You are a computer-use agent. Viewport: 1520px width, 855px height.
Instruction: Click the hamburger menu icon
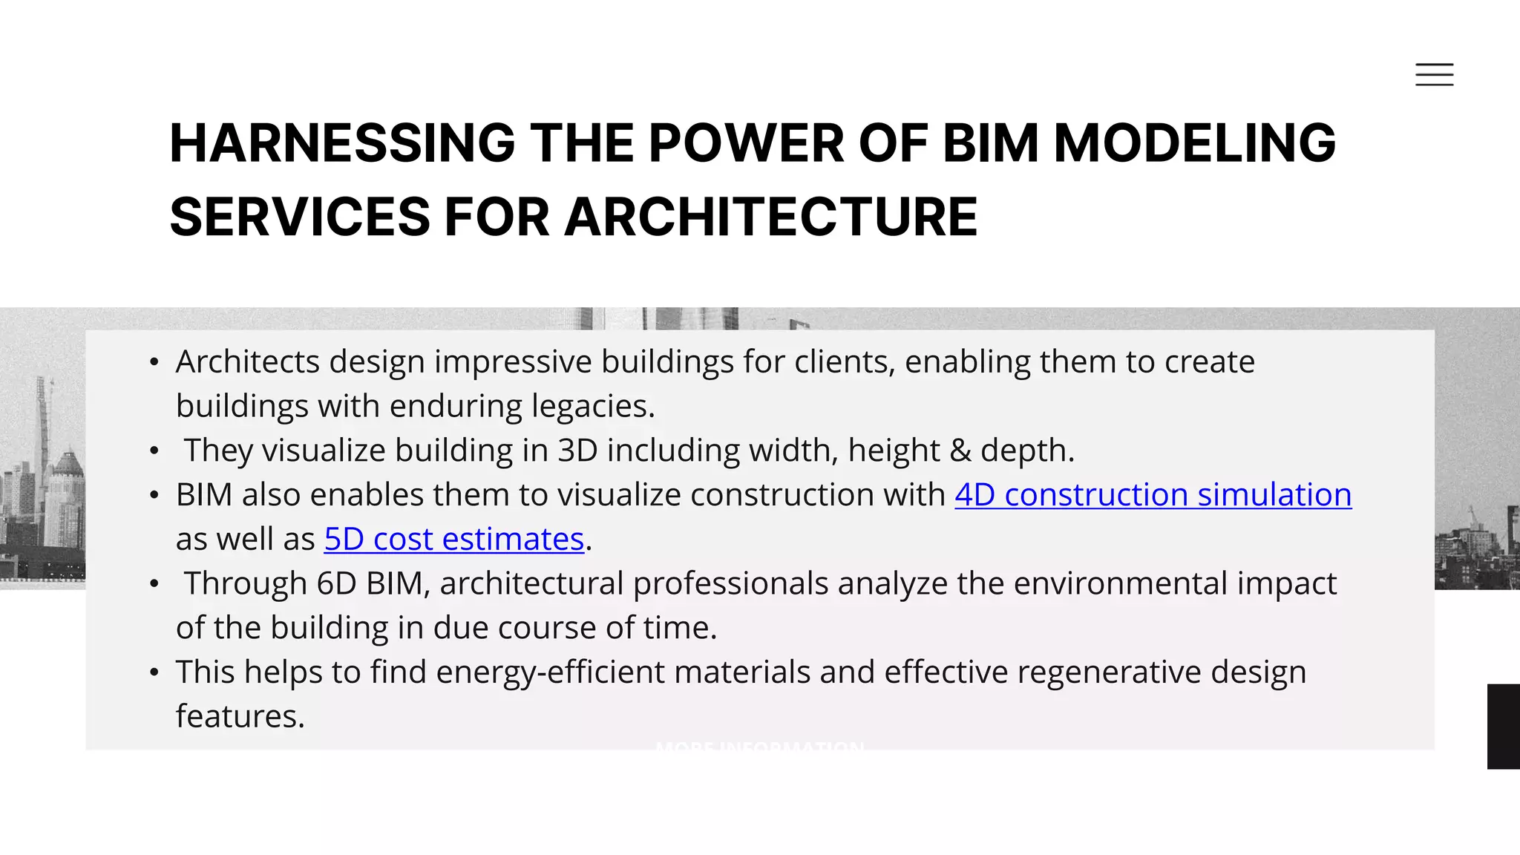(x=1434, y=74)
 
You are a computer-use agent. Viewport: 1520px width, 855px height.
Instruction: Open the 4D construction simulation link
(x=1153, y=495)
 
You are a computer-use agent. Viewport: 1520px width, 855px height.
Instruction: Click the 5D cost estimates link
(x=454, y=540)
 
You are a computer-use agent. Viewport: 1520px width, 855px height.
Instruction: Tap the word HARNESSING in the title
(x=342, y=142)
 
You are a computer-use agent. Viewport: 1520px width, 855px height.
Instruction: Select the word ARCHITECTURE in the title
(x=771, y=217)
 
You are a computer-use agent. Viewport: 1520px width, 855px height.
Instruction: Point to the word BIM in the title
(x=991, y=142)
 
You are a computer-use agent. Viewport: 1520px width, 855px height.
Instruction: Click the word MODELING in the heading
(x=1195, y=142)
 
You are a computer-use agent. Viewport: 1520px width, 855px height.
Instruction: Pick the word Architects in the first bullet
(x=248, y=362)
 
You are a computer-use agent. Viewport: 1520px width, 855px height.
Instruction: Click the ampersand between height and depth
(x=960, y=451)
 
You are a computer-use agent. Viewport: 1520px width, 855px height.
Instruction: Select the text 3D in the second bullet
(x=577, y=451)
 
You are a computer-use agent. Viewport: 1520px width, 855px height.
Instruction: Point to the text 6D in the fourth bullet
(x=336, y=583)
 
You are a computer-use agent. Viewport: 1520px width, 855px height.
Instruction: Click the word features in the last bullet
(x=240, y=717)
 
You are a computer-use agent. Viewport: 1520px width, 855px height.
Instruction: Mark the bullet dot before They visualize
(x=154, y=451)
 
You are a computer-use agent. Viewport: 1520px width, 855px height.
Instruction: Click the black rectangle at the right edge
(x=1504, y=726)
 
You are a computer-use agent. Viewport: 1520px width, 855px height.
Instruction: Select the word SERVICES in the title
(x=300, y=217)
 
